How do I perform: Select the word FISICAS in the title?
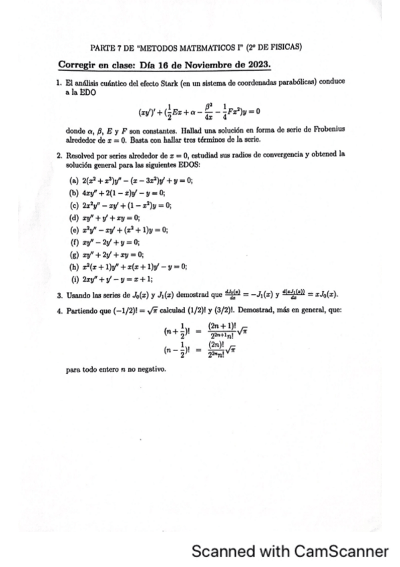(x=285, y=47)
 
